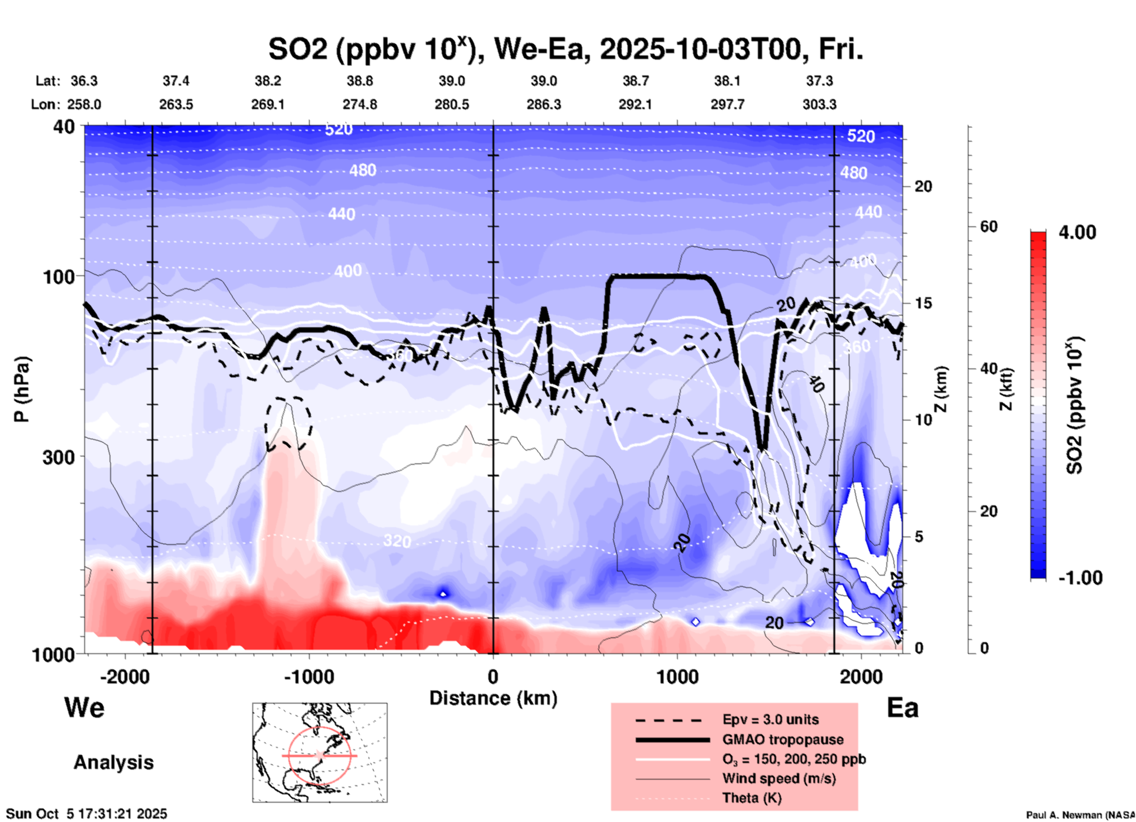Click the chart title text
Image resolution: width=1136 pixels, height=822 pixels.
pyautogui.click(x=565, y=50)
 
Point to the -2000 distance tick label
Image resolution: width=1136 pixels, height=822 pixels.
pyautogui.click(x=124, y=676)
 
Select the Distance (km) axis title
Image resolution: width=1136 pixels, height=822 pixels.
pyautogui.click(x=493, y=698)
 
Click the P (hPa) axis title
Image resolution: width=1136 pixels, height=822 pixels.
pyautogui.click(x=22, y=389)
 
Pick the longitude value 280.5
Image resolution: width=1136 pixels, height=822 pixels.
pyautogui.click(x=452, y=104)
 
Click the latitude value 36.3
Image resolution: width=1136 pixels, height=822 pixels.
pyautogui.click(x=84, y=81)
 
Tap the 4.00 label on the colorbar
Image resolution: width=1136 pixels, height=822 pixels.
pyautogui.click(x=1077, y=232)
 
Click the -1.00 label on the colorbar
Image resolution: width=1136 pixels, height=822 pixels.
pyautogui.click(x=1080, y=578)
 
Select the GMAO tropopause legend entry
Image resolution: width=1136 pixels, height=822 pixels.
pyautogui.click(x=783, y=739)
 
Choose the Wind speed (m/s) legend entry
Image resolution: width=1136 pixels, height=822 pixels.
pyautogui.click(x=779, y=778)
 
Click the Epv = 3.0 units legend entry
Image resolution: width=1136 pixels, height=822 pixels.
pyautogui.click(x=770, y=719)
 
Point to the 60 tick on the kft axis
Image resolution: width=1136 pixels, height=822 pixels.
pyautogui.click(x=989, y=226)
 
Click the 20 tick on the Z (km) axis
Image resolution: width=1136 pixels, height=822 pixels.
pyautogui.click(x=923, y=187)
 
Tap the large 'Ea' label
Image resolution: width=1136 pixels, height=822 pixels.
pyautogui.click(x=902, y=708)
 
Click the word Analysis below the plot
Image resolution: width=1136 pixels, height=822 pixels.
pyautogui.click(x=113, y=762)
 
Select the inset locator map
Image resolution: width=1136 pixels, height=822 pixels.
pyautogui.click(x=320, y=752)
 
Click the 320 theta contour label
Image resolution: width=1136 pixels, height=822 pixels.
pyautogui.click(x=396, y=541)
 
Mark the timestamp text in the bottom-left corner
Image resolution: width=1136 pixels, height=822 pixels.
pyautogui.click(x=86, y=814)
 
